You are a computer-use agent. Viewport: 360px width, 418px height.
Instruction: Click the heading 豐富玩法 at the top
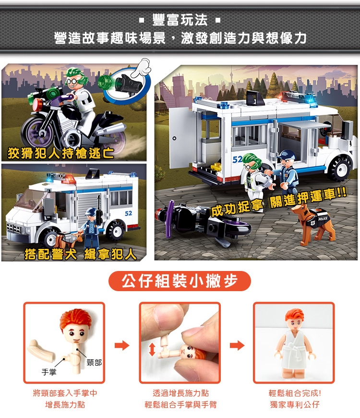(180, 20)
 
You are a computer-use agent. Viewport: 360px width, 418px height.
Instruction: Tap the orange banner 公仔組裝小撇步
(180, 281)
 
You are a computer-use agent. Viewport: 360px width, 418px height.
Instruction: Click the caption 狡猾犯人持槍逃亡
(61, 153)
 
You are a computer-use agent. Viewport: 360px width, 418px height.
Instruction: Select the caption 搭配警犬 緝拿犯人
(81, 254)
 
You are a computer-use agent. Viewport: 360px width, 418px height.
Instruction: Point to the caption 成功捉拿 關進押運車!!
(279, 203)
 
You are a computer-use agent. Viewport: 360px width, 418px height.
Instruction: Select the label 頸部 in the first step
(94, 363)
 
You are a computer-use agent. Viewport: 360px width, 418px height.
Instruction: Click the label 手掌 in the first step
(49, 372)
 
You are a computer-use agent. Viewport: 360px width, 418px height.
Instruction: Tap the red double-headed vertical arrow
(152, 349)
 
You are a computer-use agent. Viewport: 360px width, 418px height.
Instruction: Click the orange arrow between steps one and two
(122, 345)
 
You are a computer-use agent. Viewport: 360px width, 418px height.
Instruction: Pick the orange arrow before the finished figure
(237, 345)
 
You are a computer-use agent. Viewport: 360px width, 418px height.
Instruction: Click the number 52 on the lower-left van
(128, 213)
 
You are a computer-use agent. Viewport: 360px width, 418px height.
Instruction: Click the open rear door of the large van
(180, 137)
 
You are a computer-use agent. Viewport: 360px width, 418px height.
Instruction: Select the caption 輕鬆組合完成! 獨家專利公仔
(295, 399)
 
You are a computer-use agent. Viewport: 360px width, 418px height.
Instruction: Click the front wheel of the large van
(341, 167)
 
